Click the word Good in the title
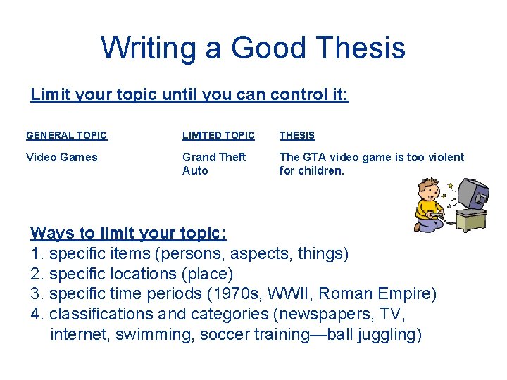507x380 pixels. point(270,48)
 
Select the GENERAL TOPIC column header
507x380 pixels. point(66,135)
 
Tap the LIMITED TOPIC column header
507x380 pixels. point(218,135)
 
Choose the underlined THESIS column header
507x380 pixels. point(297,135)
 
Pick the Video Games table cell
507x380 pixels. point(62,157)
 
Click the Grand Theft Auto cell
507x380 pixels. point(214,163)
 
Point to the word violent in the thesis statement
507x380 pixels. point(444,157)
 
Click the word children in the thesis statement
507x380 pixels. point(320,170)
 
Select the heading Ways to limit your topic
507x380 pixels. point(128,233)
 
